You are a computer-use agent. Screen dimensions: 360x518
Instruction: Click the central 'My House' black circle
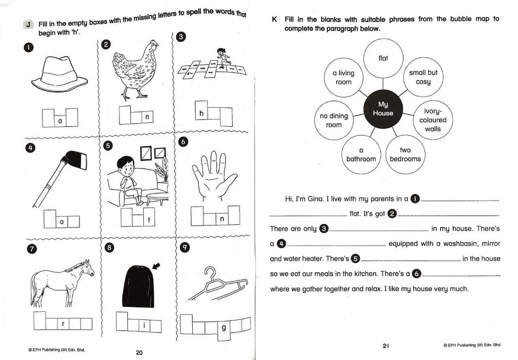[x=383, y=109]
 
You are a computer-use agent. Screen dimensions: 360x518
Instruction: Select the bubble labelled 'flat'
[x=383, y=58]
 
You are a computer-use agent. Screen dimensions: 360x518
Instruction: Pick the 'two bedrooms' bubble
[x=405, y=154]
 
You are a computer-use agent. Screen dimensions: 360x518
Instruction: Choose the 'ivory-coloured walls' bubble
[x=433, y=120]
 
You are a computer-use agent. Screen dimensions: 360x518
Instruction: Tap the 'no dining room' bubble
[x=334, y=120]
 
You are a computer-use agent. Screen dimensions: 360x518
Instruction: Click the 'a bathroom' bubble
[x=361, y=154]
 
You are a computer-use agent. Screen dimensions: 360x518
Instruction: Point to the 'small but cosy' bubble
[x=423, y=77]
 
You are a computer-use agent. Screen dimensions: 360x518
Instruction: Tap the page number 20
[x=139, y=353]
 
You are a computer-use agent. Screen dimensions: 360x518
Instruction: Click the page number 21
[x=385, y=346]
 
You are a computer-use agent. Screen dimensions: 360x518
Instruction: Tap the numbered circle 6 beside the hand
[x=183, y=142]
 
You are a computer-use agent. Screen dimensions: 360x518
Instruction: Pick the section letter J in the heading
[x=29, y=24]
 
